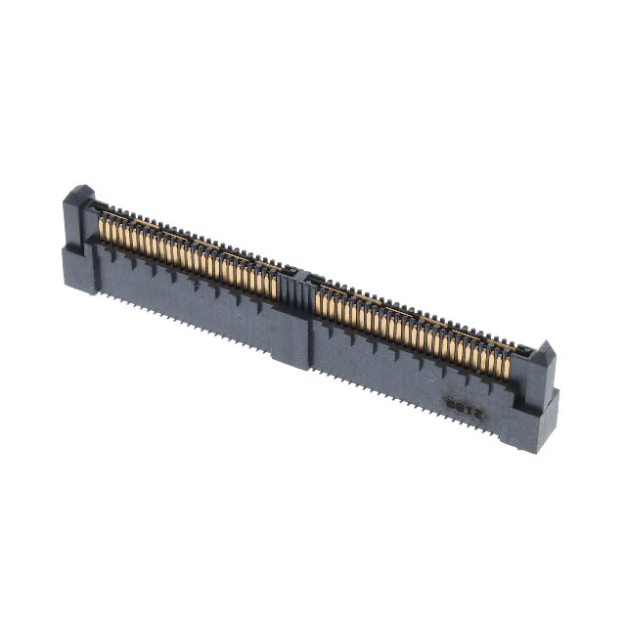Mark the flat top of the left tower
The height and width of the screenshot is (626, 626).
point(80,189)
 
